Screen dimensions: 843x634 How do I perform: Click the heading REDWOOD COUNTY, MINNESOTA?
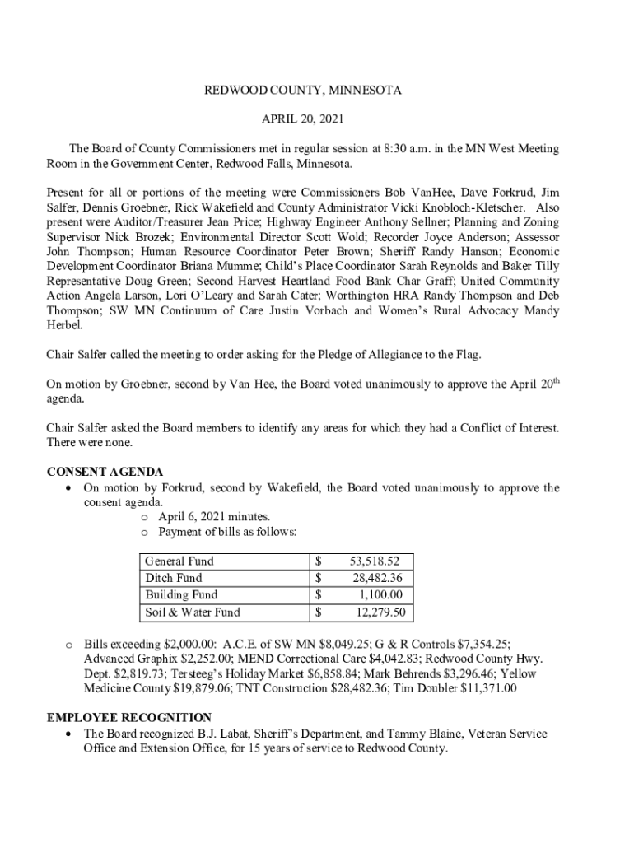coord(303,91)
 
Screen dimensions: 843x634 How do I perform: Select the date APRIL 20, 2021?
coord(303,119)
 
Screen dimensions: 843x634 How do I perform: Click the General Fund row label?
coord(179,561)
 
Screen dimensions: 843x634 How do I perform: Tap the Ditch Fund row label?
coord(173,578)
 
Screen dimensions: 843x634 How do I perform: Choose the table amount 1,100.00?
coord(380,594)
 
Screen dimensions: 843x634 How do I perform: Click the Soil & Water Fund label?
coord(193,612)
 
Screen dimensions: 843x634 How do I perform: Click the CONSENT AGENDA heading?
coord(105,472)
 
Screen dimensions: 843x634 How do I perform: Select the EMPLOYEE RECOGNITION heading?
coord(129,717)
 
